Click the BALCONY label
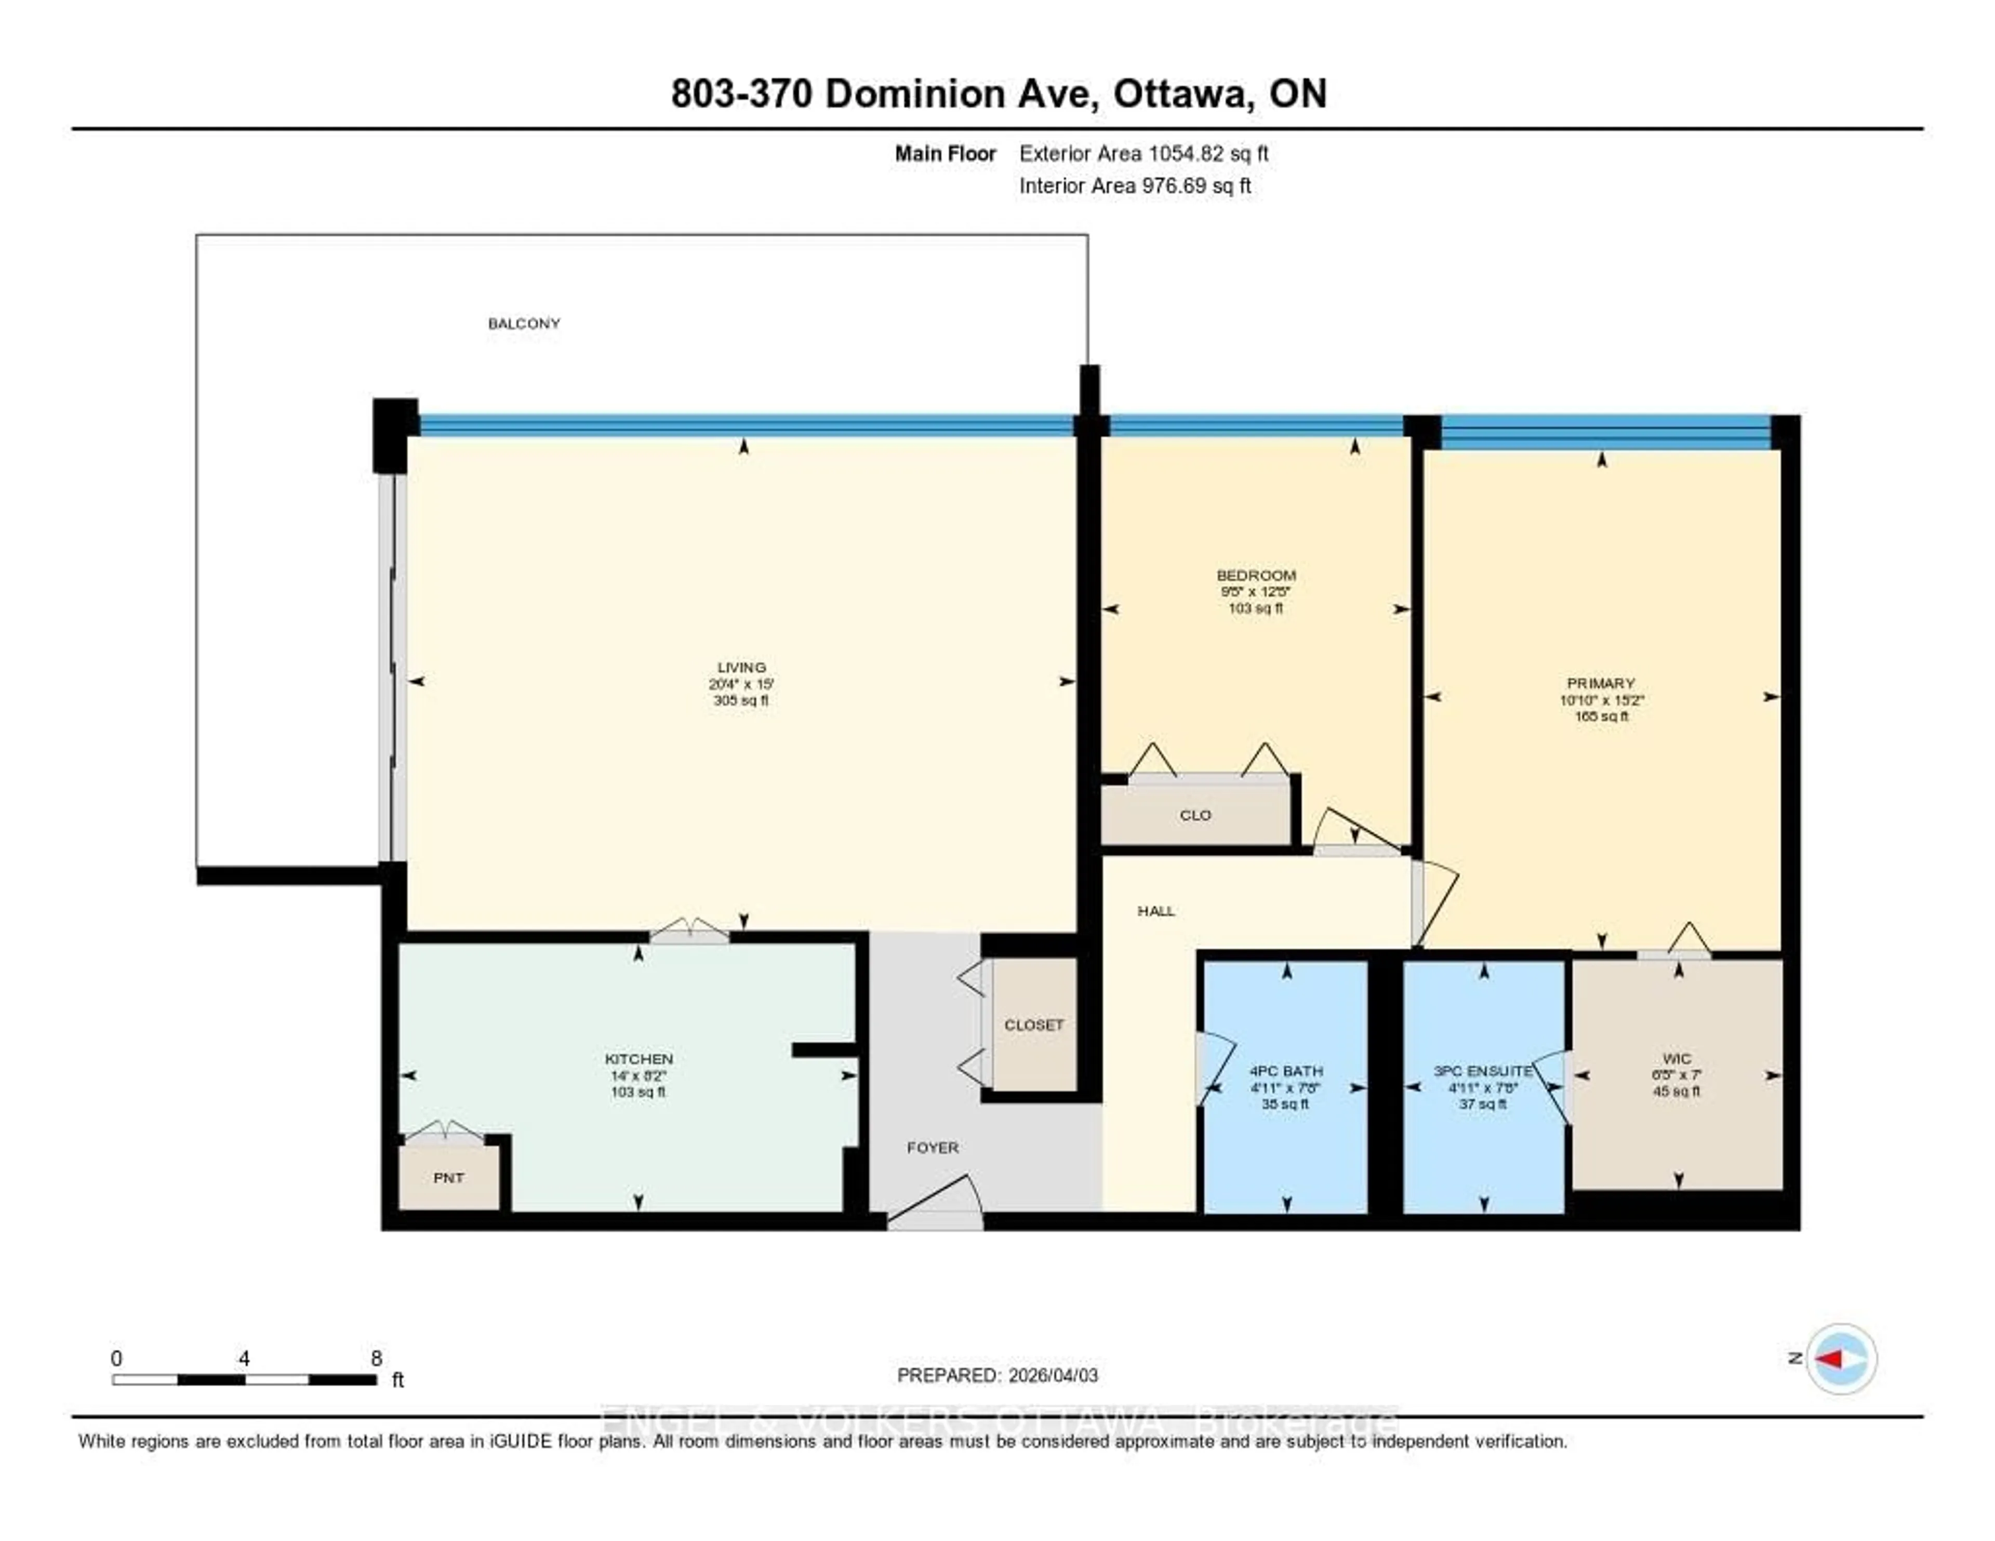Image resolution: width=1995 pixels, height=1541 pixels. [x=523, y=323]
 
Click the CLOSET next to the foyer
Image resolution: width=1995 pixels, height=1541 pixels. [x=1033, y=1025]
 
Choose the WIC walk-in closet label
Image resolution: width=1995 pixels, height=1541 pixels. [x=1677, y=1059]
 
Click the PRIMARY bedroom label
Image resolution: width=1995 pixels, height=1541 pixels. [x=1600, y=683]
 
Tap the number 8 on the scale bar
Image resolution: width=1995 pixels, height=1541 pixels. [x=376, y=1358]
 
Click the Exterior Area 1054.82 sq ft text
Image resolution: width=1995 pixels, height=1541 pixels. [x=1143, y=153]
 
